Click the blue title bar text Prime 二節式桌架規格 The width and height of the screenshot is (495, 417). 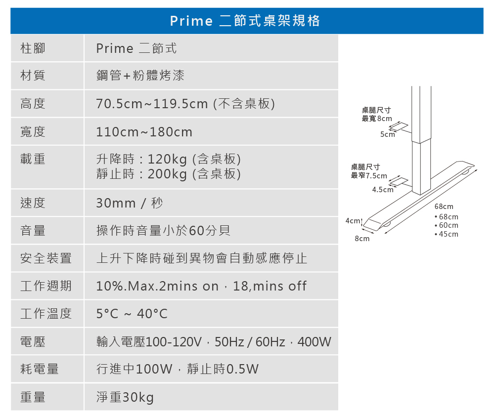[x=245, y=21]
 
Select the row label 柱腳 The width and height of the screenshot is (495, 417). [x=33, y=48]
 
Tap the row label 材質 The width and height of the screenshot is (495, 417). [x=33, y=76]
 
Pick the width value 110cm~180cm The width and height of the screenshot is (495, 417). [x=144, y=132]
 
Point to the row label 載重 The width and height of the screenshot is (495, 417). [x=33, y=159]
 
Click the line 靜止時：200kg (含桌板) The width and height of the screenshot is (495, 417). [x=169, y=174]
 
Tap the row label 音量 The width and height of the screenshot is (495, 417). [x=33, y=231]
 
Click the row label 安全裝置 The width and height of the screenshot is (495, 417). [x=46, y=258]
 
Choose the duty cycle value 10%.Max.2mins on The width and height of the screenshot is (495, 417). [x=157, y=287]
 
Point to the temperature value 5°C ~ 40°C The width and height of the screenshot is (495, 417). [x=132, y=314]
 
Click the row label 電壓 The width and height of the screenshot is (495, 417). [x=33, y=341]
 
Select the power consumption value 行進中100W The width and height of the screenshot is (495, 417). [x=134, y=369]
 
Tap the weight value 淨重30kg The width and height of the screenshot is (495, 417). [x=125, y=397]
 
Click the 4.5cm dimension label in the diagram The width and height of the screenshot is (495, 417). [x=383, y=190]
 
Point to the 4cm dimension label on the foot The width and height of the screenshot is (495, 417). [x=352, y=220]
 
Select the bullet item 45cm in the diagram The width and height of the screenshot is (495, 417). [x=448, y=234]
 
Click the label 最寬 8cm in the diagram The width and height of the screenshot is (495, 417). [x=377, y=119]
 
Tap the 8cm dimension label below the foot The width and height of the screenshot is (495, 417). [x=362, y=239]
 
